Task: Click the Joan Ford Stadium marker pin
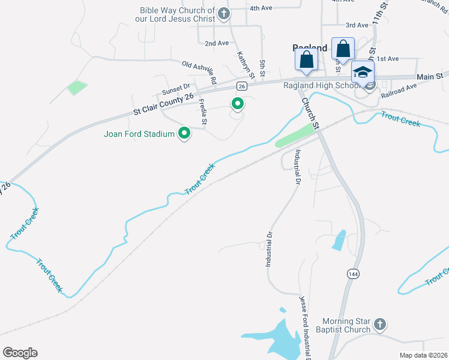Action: [185, 133]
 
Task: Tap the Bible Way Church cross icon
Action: [224, 13]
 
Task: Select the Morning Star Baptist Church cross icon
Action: [379, 325]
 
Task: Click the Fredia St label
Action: [203, 112]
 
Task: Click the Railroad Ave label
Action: [399, 88]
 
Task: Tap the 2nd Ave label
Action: [217, 43]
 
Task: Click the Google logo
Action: [20, 353]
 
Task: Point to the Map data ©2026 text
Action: [424, 355]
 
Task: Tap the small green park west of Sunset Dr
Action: [77, 88]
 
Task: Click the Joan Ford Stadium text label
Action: [139, 134]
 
